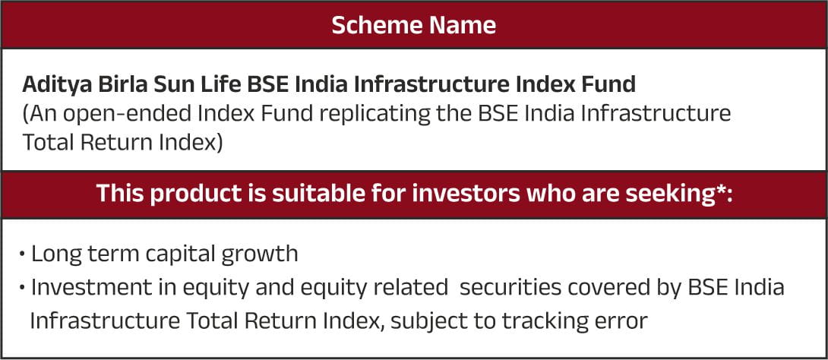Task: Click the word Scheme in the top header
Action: click(375, 25)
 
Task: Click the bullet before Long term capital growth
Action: click(22, 254)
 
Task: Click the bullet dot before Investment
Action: click(22, 288)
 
